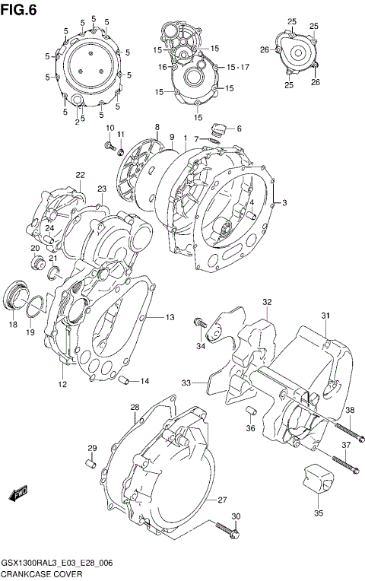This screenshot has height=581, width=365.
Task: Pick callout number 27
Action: [222, 500]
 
